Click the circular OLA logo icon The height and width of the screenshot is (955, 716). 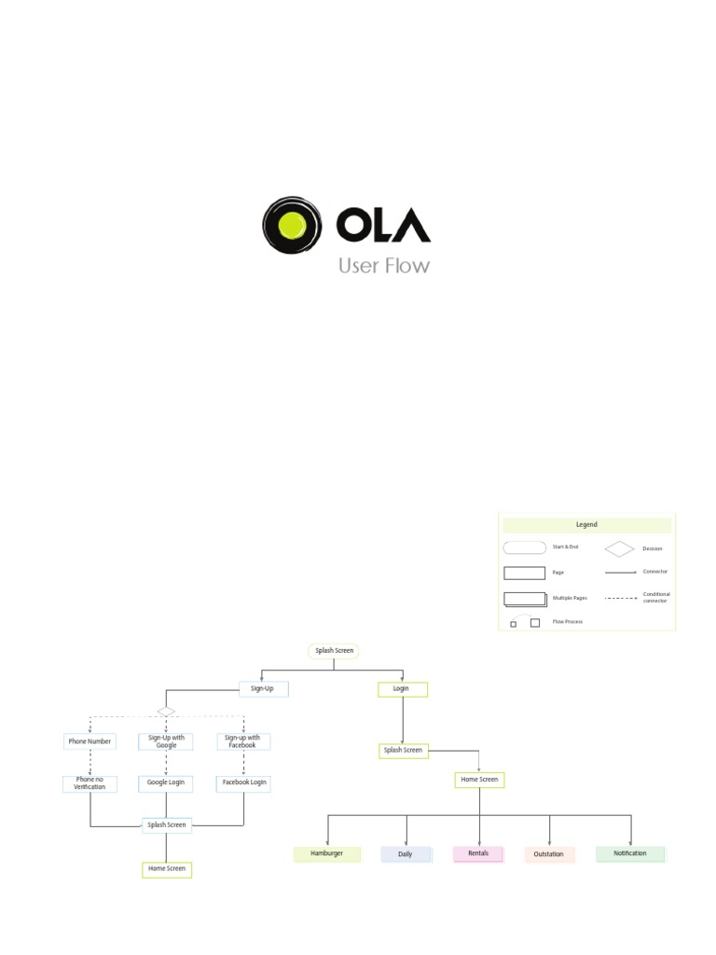click(292, 225)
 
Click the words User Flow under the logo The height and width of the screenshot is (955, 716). click(384, 266)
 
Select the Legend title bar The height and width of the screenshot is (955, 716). click(585, 525)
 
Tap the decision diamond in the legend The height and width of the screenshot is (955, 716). click(619, 549)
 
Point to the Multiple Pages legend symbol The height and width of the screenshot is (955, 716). click(525, 599)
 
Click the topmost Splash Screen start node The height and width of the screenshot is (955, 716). click(334, 651)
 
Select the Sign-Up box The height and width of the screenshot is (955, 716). click(263, 689)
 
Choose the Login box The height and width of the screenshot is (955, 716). click(402, 689)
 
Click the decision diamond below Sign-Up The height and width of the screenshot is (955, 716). click(166, 712)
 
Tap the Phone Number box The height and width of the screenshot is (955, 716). click(89, 741)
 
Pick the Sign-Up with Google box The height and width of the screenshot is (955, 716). click(166, 741)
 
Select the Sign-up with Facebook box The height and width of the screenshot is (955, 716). click(243, 741)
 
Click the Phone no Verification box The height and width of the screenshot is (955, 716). click(89, 783)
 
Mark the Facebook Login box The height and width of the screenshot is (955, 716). click(243, 783)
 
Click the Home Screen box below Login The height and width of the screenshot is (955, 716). click(479, 780)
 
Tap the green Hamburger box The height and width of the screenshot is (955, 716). click(326, 853)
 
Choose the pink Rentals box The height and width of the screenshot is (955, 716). click(478, 853)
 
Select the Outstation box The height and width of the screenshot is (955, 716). click(549, 854)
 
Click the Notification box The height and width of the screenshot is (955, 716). click(630, 853)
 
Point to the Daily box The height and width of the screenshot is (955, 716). click(406, 853)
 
